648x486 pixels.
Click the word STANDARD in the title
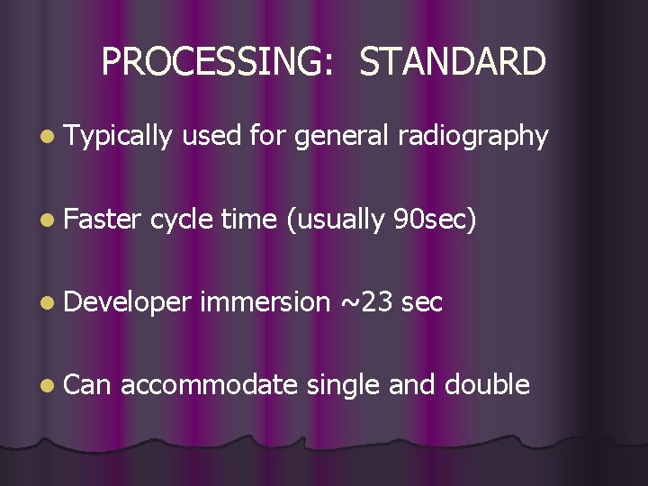(453, 62)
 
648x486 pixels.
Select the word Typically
(118, 136)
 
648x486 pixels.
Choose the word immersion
(265, 301)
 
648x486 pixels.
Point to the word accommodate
(208, 384)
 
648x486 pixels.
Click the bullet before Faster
(48, 220)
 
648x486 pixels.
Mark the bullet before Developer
(48, 303)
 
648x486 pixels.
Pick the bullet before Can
(48, 386)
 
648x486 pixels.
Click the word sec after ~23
(422, 301)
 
